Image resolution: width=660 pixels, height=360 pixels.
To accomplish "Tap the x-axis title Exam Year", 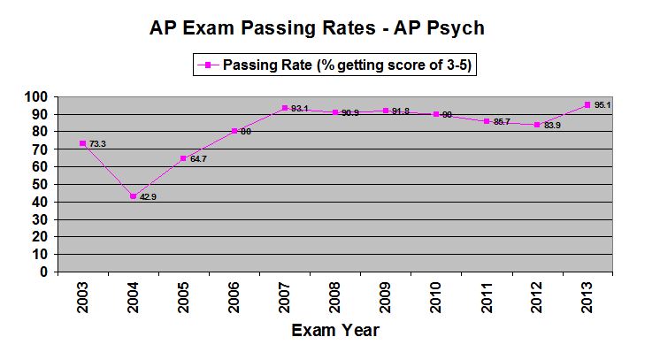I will [x=336, y=331].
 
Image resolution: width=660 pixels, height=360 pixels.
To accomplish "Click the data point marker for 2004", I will [x=133, y=196].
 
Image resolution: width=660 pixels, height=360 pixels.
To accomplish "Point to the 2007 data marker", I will [x=285, y=109].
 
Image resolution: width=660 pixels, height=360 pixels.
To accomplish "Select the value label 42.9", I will [x=148, y=197].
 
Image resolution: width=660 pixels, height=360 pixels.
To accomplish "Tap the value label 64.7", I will [x=199, y=159].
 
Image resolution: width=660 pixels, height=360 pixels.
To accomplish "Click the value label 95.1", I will [x=605, y=105].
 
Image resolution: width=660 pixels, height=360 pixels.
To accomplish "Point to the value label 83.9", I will [x=554, y=125].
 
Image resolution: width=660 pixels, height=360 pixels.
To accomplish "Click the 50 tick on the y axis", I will [x=39, y=184].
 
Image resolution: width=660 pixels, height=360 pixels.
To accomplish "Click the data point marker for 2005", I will [x=184, y=158].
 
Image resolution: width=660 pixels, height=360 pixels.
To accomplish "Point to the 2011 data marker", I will [x=487, y=121].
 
